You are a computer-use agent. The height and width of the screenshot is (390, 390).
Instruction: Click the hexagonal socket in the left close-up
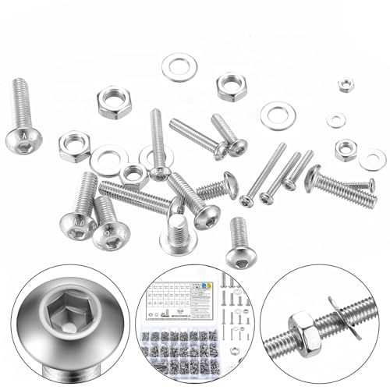[64, 315]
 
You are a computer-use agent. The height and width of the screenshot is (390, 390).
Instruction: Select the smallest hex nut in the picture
[344, 84]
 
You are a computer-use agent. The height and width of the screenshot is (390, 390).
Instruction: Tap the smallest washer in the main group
[336, 120]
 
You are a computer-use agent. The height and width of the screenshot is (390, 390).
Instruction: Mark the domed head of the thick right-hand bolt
[312, 179]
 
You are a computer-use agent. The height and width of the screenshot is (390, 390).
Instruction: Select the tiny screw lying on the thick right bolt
[360, 186]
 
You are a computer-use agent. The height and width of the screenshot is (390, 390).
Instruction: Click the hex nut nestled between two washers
[133, 174]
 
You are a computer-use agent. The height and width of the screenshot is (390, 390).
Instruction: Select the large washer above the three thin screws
[275, 115]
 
